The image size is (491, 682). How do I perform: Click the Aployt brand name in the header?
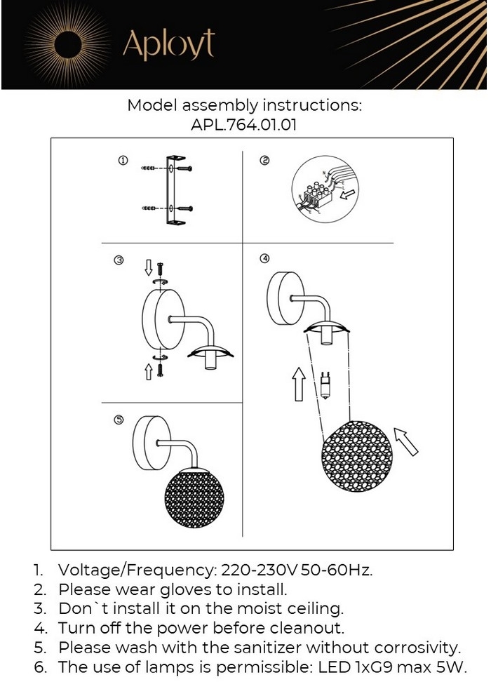(168, 44)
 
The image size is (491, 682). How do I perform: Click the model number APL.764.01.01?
(243, 125)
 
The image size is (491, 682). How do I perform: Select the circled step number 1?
(123, 161)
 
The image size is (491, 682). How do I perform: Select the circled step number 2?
(264, 161)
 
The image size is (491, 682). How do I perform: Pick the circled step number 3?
(119, 260)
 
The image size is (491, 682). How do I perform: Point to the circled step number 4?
(264, 258)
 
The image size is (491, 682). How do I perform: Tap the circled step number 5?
(119, 420)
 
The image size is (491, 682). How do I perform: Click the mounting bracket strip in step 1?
(171, 190)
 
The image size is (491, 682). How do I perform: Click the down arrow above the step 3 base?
(148, 267)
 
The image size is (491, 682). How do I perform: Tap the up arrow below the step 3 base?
(148, 372)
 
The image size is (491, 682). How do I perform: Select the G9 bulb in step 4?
(325, 385)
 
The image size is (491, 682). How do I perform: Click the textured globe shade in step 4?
(357, 456)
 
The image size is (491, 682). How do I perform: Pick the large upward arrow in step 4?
(299, 384)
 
